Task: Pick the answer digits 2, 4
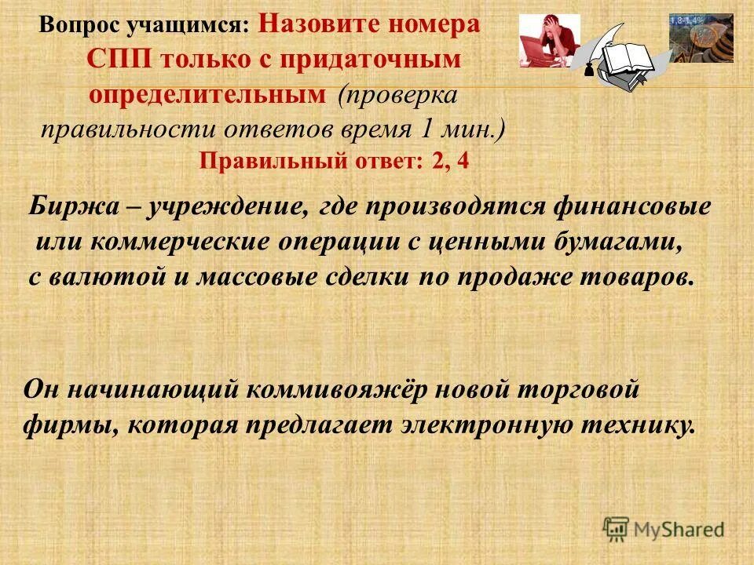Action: click(451, 162)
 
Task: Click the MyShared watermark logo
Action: click(664, 529)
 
